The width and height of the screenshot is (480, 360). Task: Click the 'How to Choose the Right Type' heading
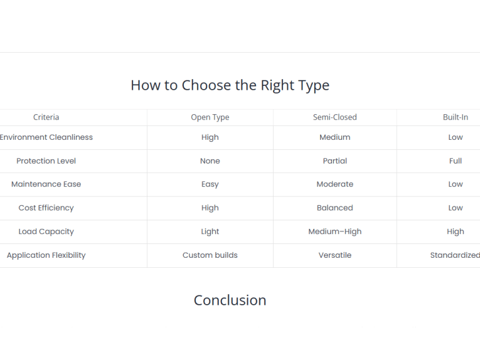230,85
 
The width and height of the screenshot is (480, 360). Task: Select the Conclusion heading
230,300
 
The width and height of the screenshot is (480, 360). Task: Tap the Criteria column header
46,117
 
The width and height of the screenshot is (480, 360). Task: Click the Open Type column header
210,117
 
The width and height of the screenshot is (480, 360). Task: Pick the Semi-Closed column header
335,117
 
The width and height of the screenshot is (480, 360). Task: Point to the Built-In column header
456,117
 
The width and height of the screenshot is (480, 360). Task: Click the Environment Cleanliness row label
46,137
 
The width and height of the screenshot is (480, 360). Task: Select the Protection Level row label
46,161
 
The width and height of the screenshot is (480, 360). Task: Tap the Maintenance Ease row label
46,184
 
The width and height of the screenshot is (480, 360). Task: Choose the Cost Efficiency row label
46,208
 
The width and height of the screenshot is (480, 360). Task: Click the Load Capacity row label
46,231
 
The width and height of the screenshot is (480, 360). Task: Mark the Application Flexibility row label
46,255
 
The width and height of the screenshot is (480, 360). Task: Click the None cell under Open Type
210,161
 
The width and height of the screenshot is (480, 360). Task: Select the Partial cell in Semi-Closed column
335,161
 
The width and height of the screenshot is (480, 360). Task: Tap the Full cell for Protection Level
456,161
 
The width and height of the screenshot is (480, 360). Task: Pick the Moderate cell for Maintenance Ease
335,184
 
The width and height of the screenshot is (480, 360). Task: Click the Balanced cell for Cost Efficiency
335,208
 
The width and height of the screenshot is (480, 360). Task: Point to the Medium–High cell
335,232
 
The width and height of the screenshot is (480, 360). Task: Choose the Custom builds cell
210,255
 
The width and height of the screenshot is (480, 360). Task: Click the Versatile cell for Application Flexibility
335,255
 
